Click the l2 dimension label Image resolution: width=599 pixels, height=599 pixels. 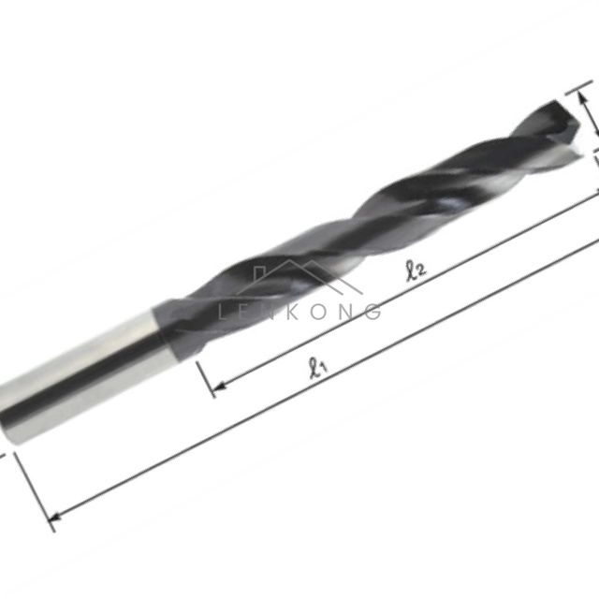tap(416, 270)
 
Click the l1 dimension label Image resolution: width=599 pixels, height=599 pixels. tap(318, 368)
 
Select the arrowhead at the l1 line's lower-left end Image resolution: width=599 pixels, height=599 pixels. tap(55, 518)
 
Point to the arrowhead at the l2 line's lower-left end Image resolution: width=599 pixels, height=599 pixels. tap(218, 387)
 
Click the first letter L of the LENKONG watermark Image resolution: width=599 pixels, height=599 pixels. tap(223, 312)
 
